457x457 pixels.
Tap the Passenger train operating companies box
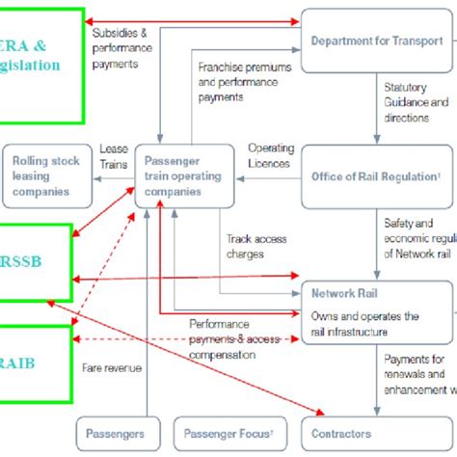(182, 176)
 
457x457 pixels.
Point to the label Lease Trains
(113, 156)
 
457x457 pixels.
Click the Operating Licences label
(271, 156)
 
